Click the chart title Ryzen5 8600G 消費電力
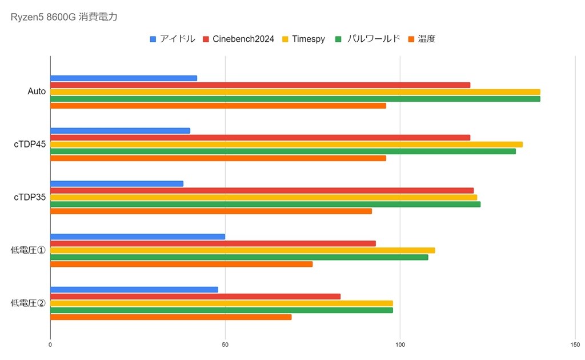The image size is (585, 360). [x=64, y=18]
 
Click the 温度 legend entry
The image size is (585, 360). [x=426, y=39]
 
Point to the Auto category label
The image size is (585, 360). [x=37, y=91]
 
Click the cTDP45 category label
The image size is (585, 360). [x=30, y=144]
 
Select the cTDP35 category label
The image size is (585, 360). [x=30, y=197]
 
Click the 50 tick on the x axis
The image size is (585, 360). [x=225, y=345]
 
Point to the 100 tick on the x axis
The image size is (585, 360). [x=400, y=345]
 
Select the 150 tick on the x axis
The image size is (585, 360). [x=575, y=345]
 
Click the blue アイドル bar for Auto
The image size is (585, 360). [x=123, y=78]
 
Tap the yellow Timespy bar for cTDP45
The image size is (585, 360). [x=286, y=145]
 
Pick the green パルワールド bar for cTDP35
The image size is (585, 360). [x=265, y=204]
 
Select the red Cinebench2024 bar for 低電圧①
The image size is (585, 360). [x=213, y=243]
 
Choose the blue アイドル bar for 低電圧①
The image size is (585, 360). [x=137, y=237]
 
